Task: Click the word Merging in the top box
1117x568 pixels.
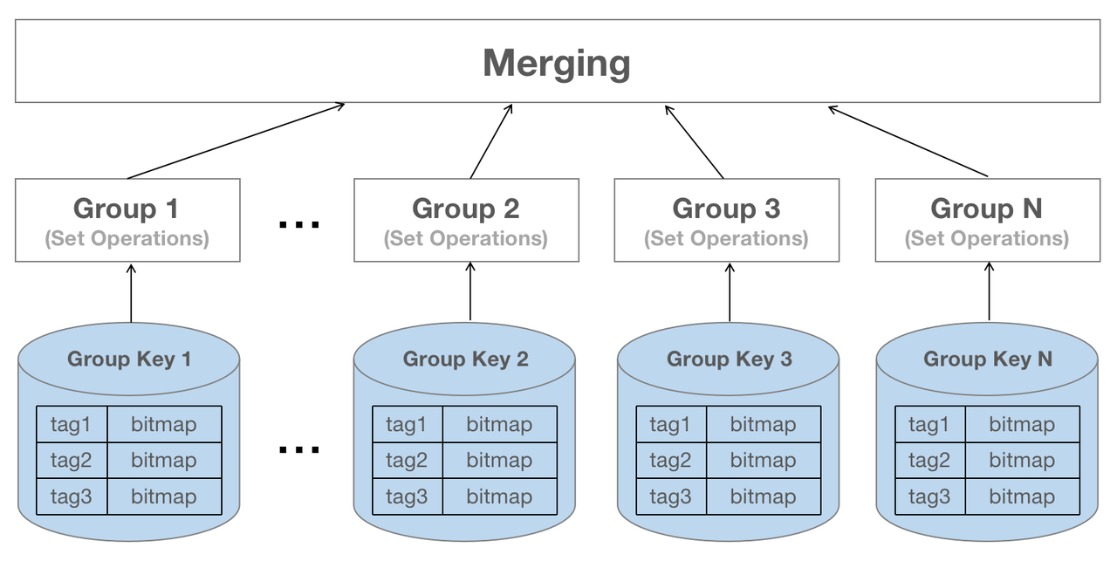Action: [x=557, y=64]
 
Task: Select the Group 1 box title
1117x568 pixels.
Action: [x=127, y=209]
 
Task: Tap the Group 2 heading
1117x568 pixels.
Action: [x=465, y=209]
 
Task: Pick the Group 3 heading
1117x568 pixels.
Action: [x=726, y=209]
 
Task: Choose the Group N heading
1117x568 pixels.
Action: [x=986, y=209]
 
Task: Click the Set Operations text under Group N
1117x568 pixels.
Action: [x=986, y=238]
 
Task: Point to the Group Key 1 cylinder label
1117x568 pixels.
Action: [x=128, y=359]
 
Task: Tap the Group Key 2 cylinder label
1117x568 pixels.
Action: [x=465, y=359]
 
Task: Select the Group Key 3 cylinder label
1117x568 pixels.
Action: [x=729, y=359]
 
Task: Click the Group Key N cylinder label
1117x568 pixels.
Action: [x=987, y=359]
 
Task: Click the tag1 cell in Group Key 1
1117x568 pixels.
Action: [x=72, y=424]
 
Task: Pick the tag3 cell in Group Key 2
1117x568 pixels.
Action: [x=407, y=496]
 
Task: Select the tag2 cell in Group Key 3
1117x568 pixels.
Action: [x=670, y=460]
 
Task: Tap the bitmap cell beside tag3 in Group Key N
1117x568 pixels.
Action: [x=1021, y=496]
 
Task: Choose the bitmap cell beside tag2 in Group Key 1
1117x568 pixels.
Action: [x=163, y=460]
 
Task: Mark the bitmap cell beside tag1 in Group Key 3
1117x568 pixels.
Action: [x=763, y=424]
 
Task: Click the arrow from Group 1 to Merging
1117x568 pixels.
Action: [x=236, y=141]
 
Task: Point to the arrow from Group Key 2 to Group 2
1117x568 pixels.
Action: [x=470, y=291]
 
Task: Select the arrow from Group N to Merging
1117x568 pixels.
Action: [x=908, y=141]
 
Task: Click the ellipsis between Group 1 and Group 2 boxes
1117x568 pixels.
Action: [x=298, y=225]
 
